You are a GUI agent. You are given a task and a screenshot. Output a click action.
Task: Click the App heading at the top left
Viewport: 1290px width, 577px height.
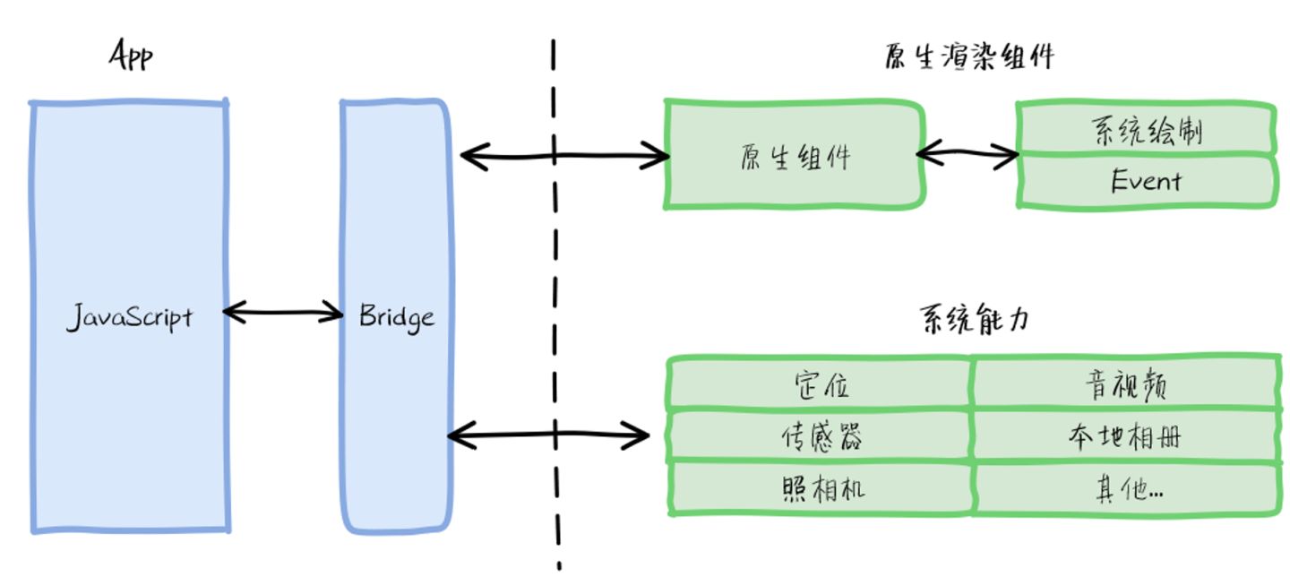coord(132,56)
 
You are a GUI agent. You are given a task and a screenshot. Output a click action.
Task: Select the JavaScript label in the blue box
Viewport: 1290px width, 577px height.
coord(130,317)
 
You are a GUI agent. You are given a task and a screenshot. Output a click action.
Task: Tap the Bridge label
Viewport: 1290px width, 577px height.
coord(397,317)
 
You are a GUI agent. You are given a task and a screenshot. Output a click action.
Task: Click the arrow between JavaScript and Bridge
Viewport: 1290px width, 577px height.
coord(283,313)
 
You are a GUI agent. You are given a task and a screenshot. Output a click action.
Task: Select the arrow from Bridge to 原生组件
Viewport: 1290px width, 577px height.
coord(564,156)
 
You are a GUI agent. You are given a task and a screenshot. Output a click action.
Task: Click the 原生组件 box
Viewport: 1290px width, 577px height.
coord(795,155)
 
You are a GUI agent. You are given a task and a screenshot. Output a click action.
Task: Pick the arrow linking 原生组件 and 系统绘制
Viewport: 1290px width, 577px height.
coord(967,153)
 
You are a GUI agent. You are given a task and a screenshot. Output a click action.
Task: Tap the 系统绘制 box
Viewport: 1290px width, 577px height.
coord(1146,128)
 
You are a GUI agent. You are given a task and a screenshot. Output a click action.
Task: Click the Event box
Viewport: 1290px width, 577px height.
coord(1146,181)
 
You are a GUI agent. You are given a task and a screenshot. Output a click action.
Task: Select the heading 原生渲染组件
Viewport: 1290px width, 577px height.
coord(969,57)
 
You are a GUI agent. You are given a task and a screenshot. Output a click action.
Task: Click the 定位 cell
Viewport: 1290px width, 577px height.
coord(820,384)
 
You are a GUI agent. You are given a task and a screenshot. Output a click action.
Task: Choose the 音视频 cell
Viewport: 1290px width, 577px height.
coord(1126,384)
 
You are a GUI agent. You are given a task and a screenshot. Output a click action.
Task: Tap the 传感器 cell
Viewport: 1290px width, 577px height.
coord(820,436)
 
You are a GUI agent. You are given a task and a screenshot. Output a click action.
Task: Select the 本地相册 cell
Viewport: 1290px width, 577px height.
coord(1126,436)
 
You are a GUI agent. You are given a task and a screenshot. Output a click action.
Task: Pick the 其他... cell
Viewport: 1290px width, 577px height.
coord(1126,489)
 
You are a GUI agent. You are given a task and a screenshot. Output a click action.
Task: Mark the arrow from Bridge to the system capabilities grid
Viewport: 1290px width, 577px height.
coord(549,435)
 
